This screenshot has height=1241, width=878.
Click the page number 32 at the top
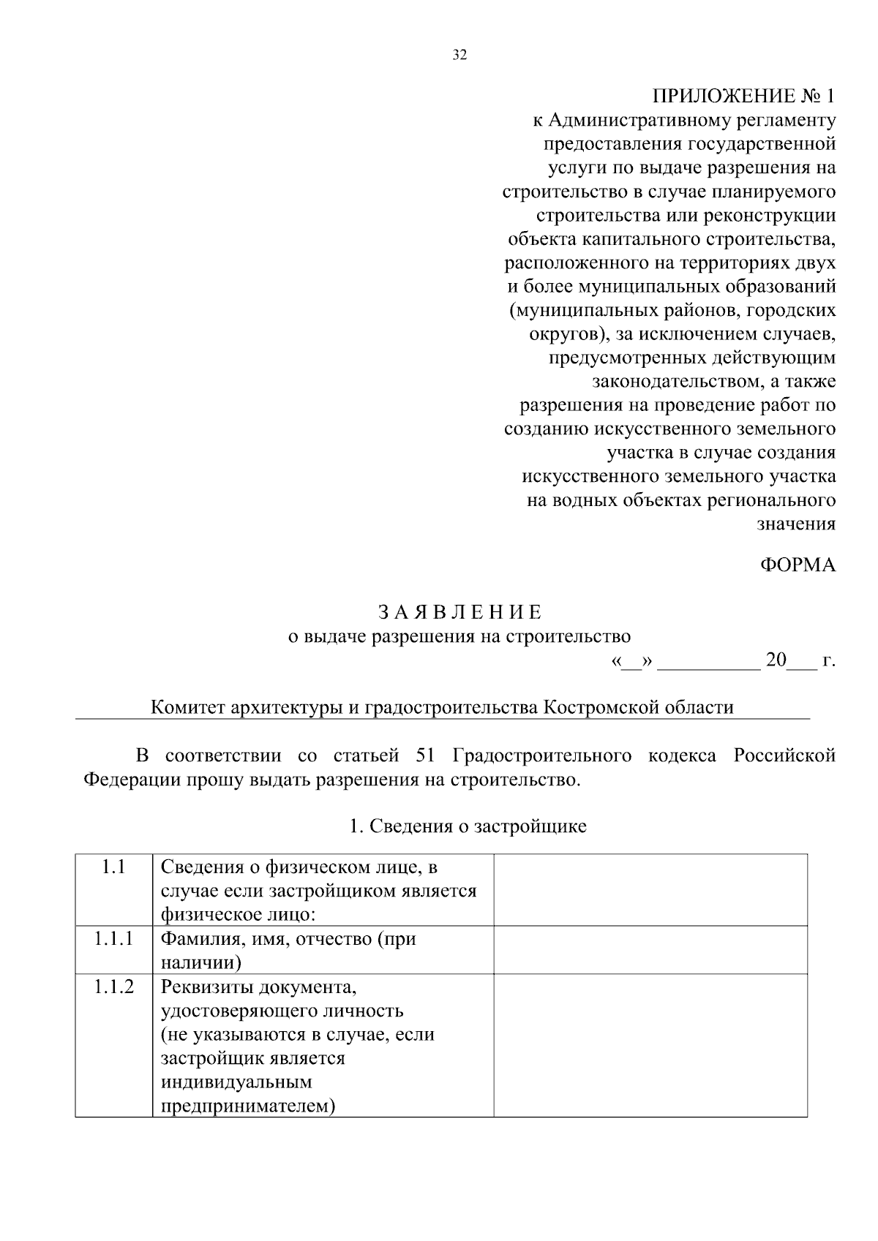pyautogui.click(x=459, y=56)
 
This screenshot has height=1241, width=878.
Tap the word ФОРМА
pyautogui.click(x=798, y=565)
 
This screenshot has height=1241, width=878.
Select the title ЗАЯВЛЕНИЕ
pyautogui.click(x=459, y=612)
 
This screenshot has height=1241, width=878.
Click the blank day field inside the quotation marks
pyautogui.click(x=630, y=662)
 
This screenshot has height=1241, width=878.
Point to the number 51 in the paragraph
pyautogui.click(x=425, y=755)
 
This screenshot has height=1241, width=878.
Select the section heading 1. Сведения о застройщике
pyautogui.click(x=468, y=826)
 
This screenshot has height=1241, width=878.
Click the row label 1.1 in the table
pyautogui.click(x=113, y=868)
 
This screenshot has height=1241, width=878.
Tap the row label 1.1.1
pyautogui.click(x=113, y=939)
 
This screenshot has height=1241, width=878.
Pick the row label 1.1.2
pyautogui.click(x=113, y=987)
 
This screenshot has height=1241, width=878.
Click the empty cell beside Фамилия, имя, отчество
pyautogui.click(x=650, y=949)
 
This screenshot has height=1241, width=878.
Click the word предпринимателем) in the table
pyautogui.click(x=247, y=1106)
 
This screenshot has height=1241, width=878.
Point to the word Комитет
pyautogui.click(x=187, y=708)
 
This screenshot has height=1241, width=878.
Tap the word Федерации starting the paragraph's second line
pyautogui.click(x=124, y=780)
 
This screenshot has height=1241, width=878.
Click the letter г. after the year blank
pyautogui.click(x=828, y=660)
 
